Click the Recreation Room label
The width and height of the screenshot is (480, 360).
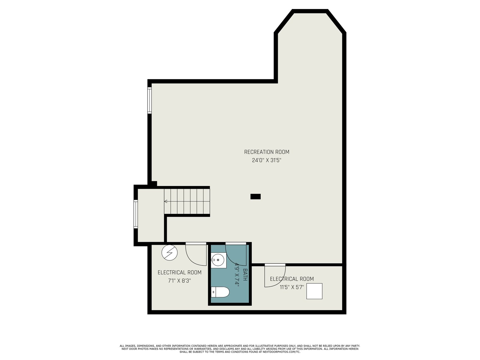[267, 152]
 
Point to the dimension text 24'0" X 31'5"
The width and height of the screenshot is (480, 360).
[266, 160]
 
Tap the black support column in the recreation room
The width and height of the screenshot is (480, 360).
[255, 196]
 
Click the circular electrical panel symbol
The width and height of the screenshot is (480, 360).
[169, 253]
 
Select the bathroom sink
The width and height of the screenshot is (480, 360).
[218, 260]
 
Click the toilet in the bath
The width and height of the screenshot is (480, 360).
[220, 292]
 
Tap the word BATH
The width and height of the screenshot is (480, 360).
[245, 274]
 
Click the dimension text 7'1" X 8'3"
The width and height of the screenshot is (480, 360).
[179, 281]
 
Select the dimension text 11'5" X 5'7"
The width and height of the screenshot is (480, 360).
[292, 287]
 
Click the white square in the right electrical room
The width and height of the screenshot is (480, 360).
[314, 291]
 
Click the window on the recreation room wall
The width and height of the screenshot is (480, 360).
[150, 100]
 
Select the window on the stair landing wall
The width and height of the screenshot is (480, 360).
[136, 214]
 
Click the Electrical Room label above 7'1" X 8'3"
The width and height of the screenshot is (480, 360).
[179, 273]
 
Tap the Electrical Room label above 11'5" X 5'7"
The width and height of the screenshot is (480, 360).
[292, 279]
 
